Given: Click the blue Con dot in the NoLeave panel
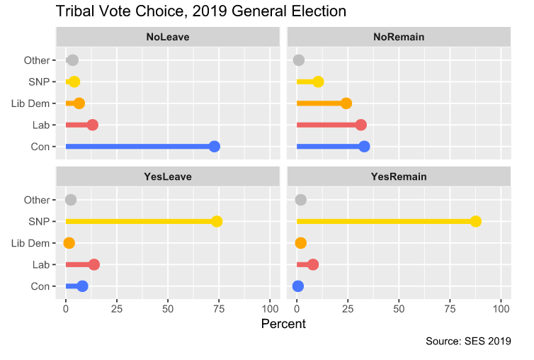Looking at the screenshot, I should [215, 147].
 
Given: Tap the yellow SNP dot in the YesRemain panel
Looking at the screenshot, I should [476, 222].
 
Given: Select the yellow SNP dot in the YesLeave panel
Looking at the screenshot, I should [217, 222].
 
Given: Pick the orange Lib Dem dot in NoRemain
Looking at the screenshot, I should [346, 103].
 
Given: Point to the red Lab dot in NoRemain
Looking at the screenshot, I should [361, 125].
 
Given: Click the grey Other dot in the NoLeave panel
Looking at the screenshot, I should [72, 60].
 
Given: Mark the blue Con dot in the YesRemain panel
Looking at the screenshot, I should [298, 286].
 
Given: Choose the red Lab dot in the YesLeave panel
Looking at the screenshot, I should [94, 264].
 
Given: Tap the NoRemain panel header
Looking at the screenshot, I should [399, 37].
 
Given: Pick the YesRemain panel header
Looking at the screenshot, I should [399, 176].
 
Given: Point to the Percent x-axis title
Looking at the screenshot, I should [283, 324].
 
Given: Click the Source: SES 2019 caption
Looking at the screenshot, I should [468, 342].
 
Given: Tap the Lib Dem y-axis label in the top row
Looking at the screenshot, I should [30, 103].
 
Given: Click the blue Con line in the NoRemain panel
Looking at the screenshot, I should [329, 147].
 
